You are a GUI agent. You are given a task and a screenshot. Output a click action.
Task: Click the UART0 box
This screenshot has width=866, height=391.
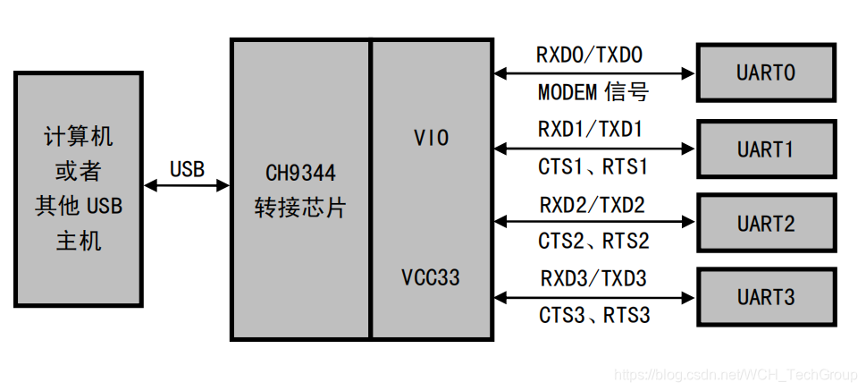tap(766, 73)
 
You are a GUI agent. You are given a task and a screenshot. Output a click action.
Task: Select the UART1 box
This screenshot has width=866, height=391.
tap(766, 149)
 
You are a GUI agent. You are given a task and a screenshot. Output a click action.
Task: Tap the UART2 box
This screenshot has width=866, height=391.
tap(766, 223)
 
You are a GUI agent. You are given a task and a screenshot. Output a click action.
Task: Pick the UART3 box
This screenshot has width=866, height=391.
tap(766, 297)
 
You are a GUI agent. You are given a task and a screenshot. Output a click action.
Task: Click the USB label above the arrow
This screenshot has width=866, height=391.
tap(187, 168)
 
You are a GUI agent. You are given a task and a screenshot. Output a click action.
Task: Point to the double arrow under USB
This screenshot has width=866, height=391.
tap(187, 185)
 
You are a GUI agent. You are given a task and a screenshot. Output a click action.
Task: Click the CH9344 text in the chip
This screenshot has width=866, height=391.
tap(301, 172)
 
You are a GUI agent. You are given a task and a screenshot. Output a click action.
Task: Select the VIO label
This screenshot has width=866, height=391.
tap(432, 138)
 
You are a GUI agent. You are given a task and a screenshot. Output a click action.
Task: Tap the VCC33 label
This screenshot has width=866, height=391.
tap(431, 277)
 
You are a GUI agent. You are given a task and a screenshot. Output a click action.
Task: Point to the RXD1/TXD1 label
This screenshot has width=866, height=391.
tap(590, 130)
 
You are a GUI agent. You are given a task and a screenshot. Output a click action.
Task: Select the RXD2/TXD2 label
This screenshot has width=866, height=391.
tap(592, 205)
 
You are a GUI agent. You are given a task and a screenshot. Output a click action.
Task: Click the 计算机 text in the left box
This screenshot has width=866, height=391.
tap(79, 136)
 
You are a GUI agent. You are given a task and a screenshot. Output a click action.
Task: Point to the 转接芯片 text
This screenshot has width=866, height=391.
tap(300, 208)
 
